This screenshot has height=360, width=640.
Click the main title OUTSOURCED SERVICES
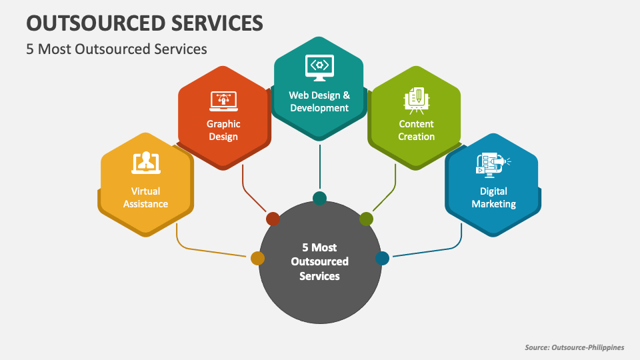(144, 22)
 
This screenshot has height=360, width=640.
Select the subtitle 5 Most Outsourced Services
(117, 49)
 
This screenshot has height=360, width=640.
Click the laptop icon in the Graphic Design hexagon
(223, 101)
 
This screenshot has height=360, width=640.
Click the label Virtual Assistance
(145, 198)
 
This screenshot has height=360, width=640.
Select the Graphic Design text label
(223, 130)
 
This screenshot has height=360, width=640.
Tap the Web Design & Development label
(319, 101)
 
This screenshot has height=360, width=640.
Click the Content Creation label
(416, 130)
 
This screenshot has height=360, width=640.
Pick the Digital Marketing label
(493, 198)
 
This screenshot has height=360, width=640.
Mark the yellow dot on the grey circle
(257, 258)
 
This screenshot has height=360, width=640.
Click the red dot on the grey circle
(273, 219)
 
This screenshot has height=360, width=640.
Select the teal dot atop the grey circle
(319, 198)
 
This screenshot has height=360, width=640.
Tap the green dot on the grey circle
(366, 219)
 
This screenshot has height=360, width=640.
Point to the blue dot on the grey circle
(382, 258)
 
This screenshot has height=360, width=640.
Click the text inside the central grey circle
(319, 261)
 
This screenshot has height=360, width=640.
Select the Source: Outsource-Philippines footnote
(574, 347)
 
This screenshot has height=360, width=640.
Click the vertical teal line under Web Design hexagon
(319, 167)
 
